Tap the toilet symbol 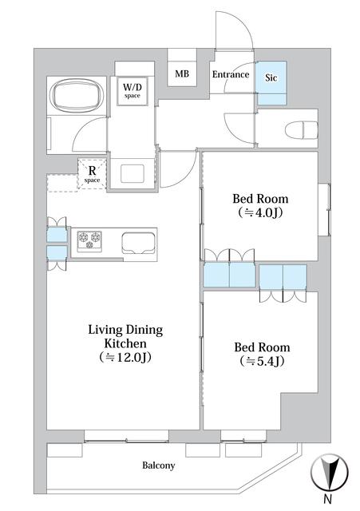point(302,130)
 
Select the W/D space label point(132,90)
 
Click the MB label point(182,73)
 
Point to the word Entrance point(231,74)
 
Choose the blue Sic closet point(271,83)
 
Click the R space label point(93,174)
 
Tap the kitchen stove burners point(89,240)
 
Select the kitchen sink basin point(138,243)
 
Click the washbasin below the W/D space point(133,174)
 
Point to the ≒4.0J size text point(260,212)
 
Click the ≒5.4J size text point(262,361)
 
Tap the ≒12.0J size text point(125,357)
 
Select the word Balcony point(158,465)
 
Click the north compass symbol point(330,472)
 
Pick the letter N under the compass point(328,498)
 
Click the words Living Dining point(125,330)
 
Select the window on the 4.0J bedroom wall point(324,210)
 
